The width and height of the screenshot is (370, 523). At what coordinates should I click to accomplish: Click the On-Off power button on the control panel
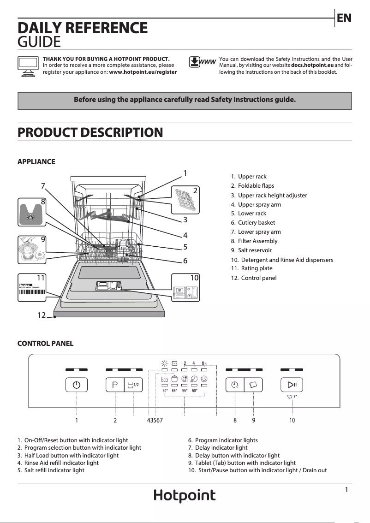pyautogui.click(x=76, y=385)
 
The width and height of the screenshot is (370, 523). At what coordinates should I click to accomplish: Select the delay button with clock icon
pyautogui.click(x=235, y=385)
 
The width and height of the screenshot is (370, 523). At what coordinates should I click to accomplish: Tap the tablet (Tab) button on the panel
pyautogui.click(x=253, y=385)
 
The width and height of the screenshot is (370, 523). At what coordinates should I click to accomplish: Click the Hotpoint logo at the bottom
pyautogui.click(x=185, y=496)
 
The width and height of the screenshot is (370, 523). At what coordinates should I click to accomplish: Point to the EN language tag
pyautogui.click(x=344, y=18)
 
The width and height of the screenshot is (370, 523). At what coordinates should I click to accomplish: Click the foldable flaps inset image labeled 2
pyautogui.click(x=186, y=199)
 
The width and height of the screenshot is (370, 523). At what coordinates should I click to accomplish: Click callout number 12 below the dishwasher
pyautogui.click(x=42, y=315)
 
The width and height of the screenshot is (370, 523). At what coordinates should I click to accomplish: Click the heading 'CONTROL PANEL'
pyautogui.click(x=45, y=344)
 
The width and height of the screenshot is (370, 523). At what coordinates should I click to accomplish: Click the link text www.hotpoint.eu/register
pyautogui.click(x=143, y=72)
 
